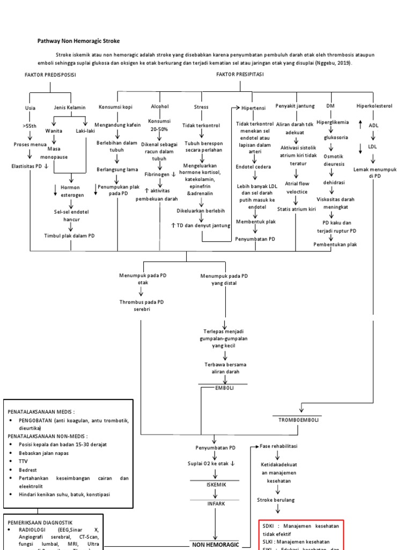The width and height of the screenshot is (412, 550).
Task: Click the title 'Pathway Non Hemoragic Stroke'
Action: point(78,41)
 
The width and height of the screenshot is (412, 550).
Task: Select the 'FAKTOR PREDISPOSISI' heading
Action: point(50,75)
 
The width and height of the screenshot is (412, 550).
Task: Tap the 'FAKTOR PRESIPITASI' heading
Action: point(239,75)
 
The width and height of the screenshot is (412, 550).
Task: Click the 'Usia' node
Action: point(31,107)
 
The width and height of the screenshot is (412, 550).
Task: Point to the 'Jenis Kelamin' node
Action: point(70,107)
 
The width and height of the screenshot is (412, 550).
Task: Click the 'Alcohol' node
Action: point(159,107)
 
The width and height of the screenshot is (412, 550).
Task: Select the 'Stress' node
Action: point(201,107)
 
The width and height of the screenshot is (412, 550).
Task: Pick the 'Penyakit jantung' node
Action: point(295,106)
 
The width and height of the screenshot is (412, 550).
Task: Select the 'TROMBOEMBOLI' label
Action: point(300,419)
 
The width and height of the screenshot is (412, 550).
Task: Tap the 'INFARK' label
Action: point(216,504)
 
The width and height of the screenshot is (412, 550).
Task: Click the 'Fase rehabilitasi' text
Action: point(278,446)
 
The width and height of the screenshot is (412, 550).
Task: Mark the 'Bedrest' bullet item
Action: point(28,469)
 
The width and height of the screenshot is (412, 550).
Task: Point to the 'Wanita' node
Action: point(54,131)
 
